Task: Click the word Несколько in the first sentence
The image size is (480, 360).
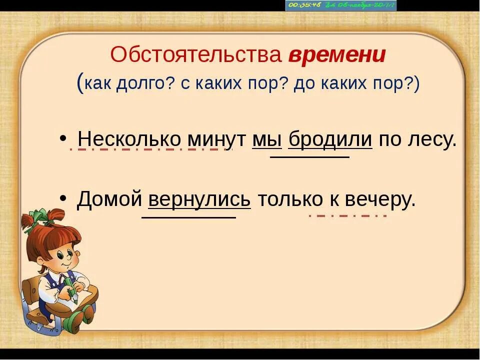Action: pyautogui.click(x=130, y=139)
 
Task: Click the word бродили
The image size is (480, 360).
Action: pyautogui.click(x=330, y=139)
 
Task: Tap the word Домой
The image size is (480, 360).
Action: pyautogui.click(x=110, y=199)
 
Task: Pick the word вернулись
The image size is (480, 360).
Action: pyautogui.click(x=199, y=199)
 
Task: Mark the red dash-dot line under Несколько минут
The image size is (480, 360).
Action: pyautogui.click(x=150, y=149)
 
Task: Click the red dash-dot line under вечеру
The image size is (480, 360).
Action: pyautogui.click(x=347, y=215)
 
